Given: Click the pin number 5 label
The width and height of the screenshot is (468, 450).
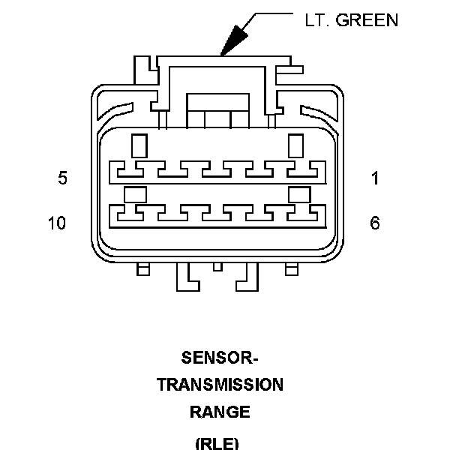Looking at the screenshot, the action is (63, 178).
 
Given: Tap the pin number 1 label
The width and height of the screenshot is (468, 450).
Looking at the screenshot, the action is (375, 178).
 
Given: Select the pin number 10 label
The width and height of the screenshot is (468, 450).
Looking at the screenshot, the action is (57, 223).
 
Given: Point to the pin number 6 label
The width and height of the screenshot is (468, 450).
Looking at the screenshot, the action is (375, 223).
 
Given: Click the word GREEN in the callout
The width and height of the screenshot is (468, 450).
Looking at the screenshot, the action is (367, 20).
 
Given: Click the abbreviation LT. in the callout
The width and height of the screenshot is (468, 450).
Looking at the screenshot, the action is (317, 20).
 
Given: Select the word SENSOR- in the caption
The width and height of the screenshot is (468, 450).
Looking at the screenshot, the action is (220, 358).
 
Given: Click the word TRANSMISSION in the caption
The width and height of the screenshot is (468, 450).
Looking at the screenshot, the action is (220, 385).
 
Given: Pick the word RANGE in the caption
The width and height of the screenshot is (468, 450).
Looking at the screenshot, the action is (220, 412).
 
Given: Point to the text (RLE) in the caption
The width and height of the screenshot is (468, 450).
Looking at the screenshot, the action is (217, 444).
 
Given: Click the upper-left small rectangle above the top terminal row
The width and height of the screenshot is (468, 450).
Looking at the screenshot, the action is (139, 146).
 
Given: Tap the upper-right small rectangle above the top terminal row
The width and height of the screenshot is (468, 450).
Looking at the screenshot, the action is (295, 146).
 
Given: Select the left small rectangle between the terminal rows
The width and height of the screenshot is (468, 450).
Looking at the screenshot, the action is (135, 195).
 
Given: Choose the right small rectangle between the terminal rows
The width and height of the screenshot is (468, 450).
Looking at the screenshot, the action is (300, 195).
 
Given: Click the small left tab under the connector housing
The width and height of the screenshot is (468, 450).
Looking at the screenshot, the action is (143, 269).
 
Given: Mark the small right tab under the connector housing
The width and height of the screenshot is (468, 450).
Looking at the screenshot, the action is (292, 269).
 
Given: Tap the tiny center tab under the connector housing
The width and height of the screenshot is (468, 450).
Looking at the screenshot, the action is (217, 267).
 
